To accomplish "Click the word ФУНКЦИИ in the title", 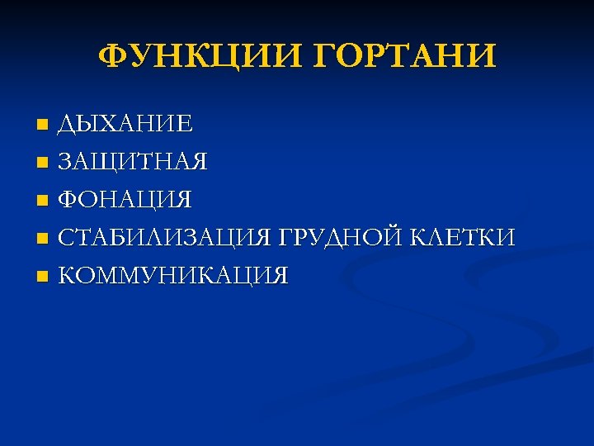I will point(196,56).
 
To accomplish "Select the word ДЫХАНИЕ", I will point(125,124).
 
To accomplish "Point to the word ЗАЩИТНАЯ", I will point(133,162).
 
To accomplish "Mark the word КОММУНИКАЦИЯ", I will point(173,276).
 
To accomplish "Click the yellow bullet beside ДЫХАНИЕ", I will point(43,126).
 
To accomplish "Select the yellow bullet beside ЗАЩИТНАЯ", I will point(43,164).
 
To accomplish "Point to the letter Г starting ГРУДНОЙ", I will point(286,238).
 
